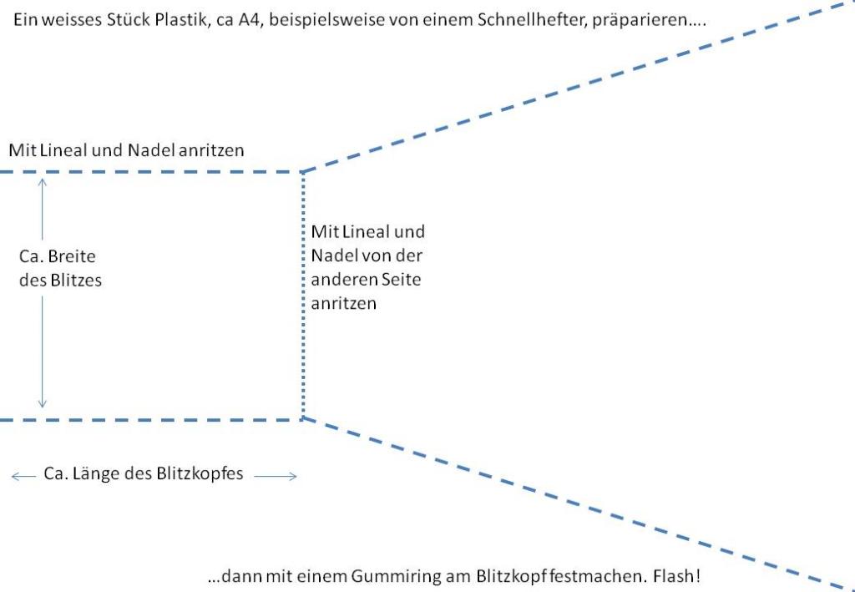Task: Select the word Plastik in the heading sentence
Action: (179, 20)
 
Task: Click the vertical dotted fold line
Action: (302, 296)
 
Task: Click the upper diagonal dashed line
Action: (578, 87)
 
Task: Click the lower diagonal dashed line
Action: (578, 503)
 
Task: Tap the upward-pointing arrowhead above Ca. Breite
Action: (42, 182)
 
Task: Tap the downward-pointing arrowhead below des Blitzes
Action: (42, 404)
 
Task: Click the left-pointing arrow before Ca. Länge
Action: (23, 477)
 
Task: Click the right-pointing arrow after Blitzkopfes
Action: (276, 477)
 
